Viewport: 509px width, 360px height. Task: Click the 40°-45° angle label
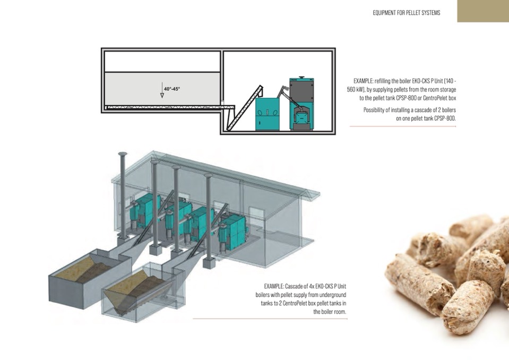pyautogui.click(x=172, y=89)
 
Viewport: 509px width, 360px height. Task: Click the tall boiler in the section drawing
pyautogui.click(x=301, y=104)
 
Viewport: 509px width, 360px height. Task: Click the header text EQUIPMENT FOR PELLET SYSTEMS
pyautogui.click(x=406, y=12)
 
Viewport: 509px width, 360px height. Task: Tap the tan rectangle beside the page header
pyautogui.click(x=482, y=11)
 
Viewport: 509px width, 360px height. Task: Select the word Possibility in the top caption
pyautogui.click(x=375, y=110)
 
